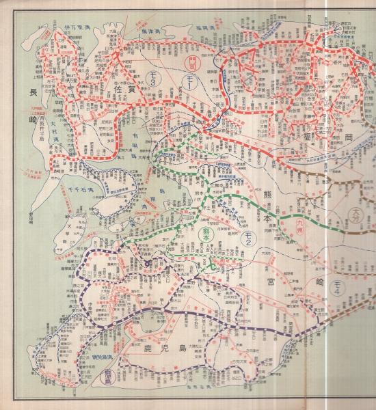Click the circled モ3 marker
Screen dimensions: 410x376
click(x=151, y=82)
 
